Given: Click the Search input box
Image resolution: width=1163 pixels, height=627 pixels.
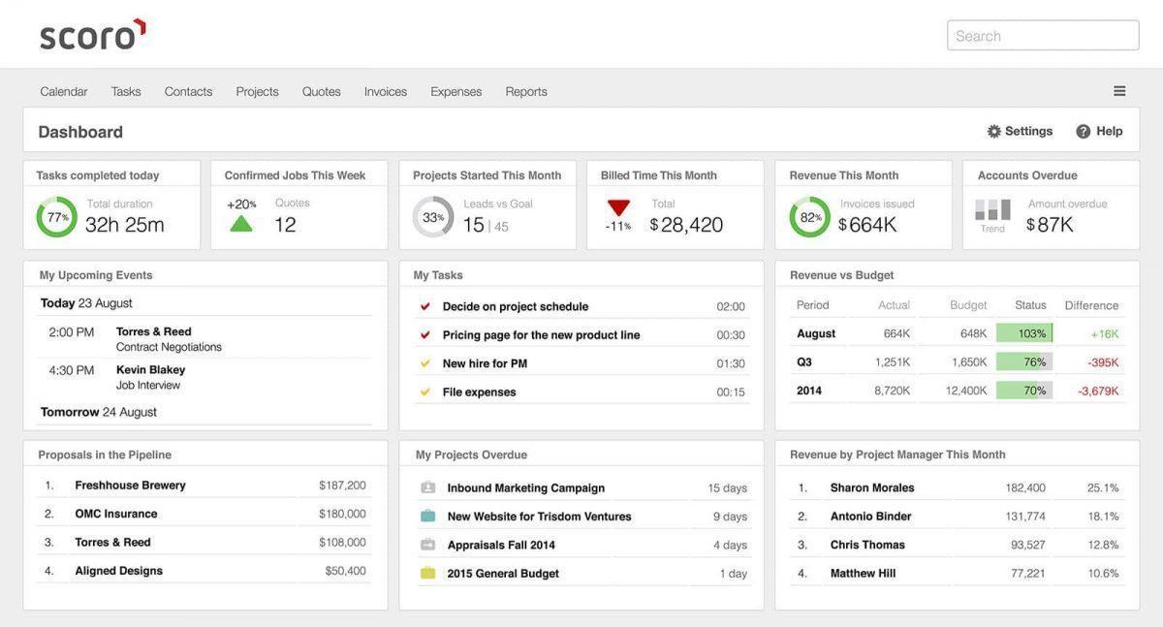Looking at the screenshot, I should click(x=1043, y=36).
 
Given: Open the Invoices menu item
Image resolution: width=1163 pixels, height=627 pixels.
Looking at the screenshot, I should click(x=386, y=91).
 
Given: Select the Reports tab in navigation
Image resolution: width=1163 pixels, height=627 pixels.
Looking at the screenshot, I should click(x=526, y=91).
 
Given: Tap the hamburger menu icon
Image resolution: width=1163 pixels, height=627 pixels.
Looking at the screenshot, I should click(x=1119, y=91).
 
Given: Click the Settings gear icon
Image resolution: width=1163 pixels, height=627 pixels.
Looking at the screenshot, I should click(x=994, y=132).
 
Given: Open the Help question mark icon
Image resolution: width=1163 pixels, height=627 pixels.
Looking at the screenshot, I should click(x=1084, y=132).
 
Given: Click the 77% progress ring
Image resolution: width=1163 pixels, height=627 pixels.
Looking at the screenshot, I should click(x=57, y=217).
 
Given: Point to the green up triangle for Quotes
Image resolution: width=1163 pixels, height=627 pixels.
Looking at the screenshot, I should click(x=241, y=224).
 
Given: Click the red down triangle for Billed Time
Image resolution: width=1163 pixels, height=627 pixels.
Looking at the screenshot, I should click(x=618, y=207).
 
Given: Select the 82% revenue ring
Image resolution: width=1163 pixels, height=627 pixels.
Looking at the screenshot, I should click(x=809, y=217).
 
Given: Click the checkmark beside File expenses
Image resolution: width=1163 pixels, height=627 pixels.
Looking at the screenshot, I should click(x=424, y=392).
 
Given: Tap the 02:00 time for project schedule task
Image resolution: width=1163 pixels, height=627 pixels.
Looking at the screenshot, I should click(x=731, y=306).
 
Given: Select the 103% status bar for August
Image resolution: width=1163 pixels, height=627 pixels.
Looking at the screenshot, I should click(x=1024, y=333).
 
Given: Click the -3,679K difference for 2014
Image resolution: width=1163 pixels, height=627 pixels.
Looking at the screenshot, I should click(x=1098, y=391).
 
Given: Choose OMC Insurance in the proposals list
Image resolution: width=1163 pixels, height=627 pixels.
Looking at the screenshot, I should click(x=116, y=514).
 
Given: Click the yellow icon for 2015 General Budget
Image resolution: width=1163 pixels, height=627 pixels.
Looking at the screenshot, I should click(x=427, y=574).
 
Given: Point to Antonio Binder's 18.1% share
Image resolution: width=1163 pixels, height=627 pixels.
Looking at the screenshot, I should click(x=1103, y=517).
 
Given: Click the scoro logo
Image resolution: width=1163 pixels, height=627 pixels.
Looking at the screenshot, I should click(x=92, y=35).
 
